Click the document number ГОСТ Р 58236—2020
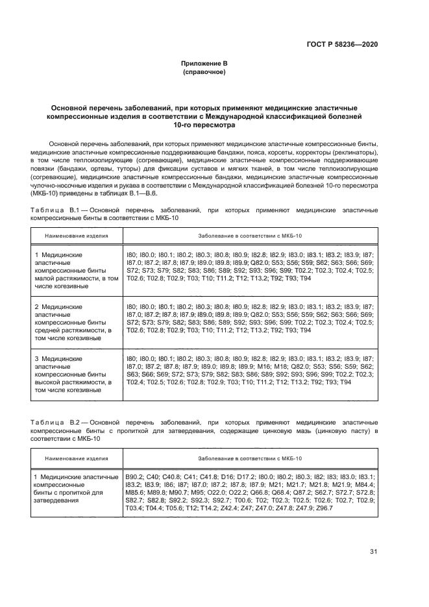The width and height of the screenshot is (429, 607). (342, 44)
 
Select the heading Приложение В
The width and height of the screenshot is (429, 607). (204, 64)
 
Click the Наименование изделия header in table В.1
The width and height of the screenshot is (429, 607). (76, 237)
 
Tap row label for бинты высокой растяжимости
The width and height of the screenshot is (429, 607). (76, 373)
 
